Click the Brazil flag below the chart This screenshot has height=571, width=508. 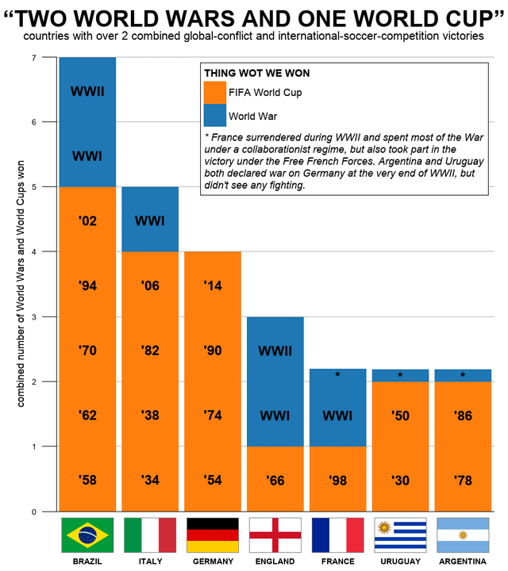pyautogui.click(x=87, y=535)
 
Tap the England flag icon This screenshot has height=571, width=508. pyautogui.click(x=275, y=535)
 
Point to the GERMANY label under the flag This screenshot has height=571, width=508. pyautogui.click(x=213, y=561)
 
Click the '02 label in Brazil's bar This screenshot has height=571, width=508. pyautogui.click(x=87, y=220)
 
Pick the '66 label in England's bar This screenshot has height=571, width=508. pyautogui.click(x=275, y=480)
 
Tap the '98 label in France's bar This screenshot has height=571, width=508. pyautogui.click(x=338, y=480)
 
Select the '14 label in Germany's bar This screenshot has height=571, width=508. pyautogui.click(x=213, y=285)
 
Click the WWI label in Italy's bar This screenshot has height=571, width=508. pyautogui.click(x=150, y=220)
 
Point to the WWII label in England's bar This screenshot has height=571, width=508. pyautogui.click(x=275, y=350)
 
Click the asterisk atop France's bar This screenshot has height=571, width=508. pyautogui.click(x=338, y=374)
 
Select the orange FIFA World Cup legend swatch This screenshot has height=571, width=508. pyautogui.click(x=215, y=93)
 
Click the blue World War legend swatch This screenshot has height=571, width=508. pyautogui.click(x=215, y=116)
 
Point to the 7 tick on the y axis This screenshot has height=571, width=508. pyautogui.click(x=33, y=58)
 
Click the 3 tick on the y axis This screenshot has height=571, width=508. pyautogui.click(x=33, y=317)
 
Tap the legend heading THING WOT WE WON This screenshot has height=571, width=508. pyautogui.click(x=256, y=73)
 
